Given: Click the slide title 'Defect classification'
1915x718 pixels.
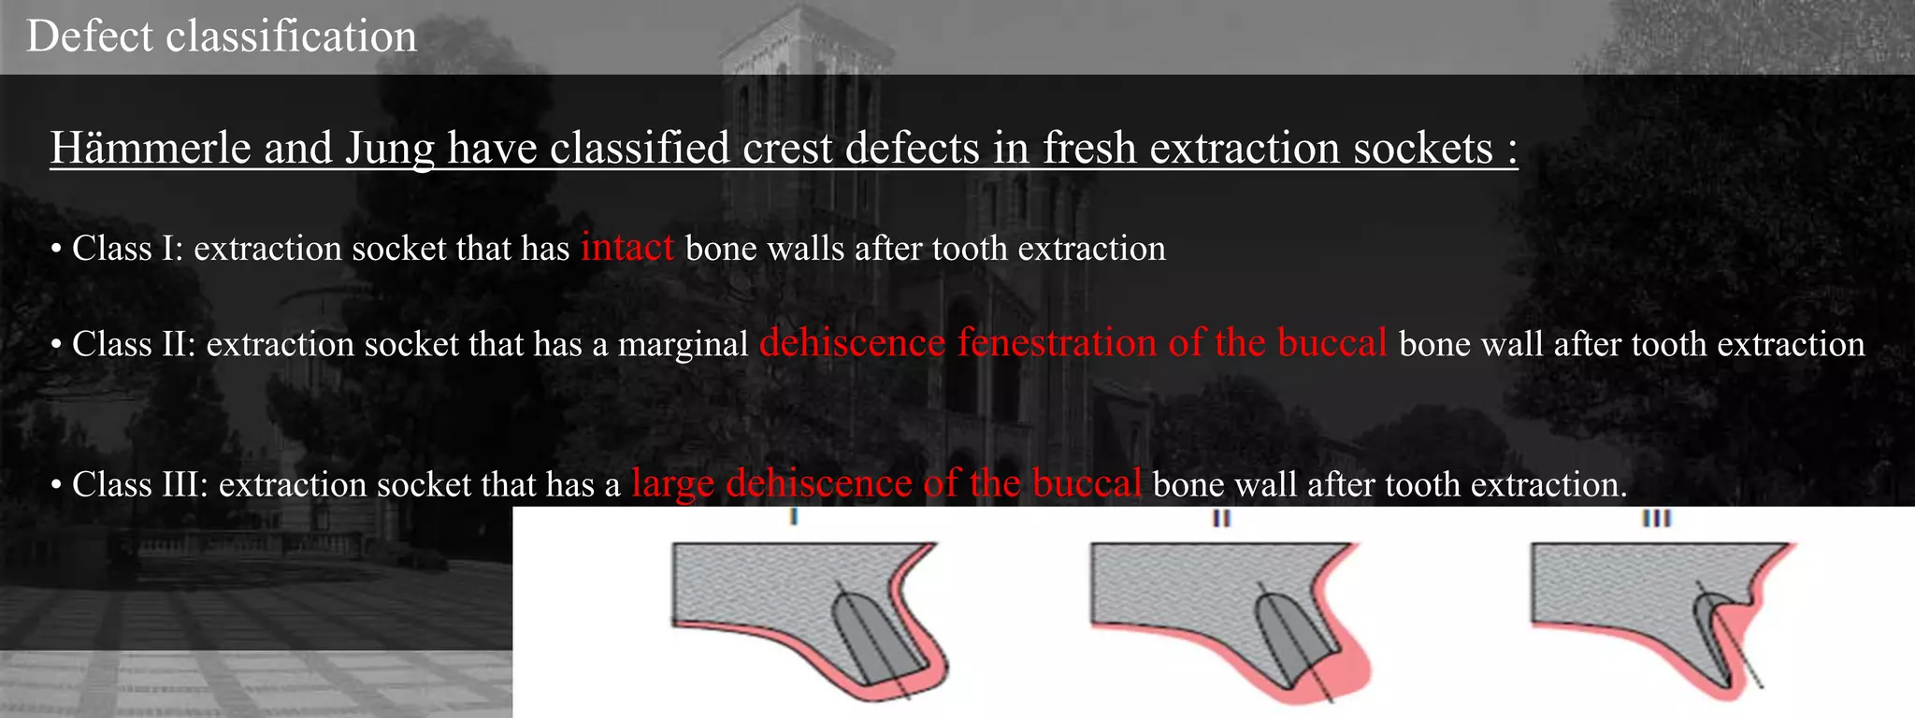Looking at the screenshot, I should click(x=222, y=37).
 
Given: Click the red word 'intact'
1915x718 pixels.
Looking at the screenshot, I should click(x=626, y=248).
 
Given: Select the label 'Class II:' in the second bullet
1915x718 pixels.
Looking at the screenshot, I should click(x=133, y=344).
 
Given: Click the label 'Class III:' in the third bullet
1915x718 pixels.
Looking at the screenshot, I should click(x=139, y=485).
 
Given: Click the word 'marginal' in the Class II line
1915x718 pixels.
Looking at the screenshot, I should click(x=683, y=345).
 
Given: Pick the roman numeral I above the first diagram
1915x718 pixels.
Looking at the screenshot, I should click(x=793, y=517).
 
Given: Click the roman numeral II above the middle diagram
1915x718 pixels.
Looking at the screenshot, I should click(x=1221, y=517).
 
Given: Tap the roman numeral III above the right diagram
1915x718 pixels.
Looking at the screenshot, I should click(x=1656, y=517).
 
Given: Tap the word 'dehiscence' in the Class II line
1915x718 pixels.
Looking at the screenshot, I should click(x=853, y=343).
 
